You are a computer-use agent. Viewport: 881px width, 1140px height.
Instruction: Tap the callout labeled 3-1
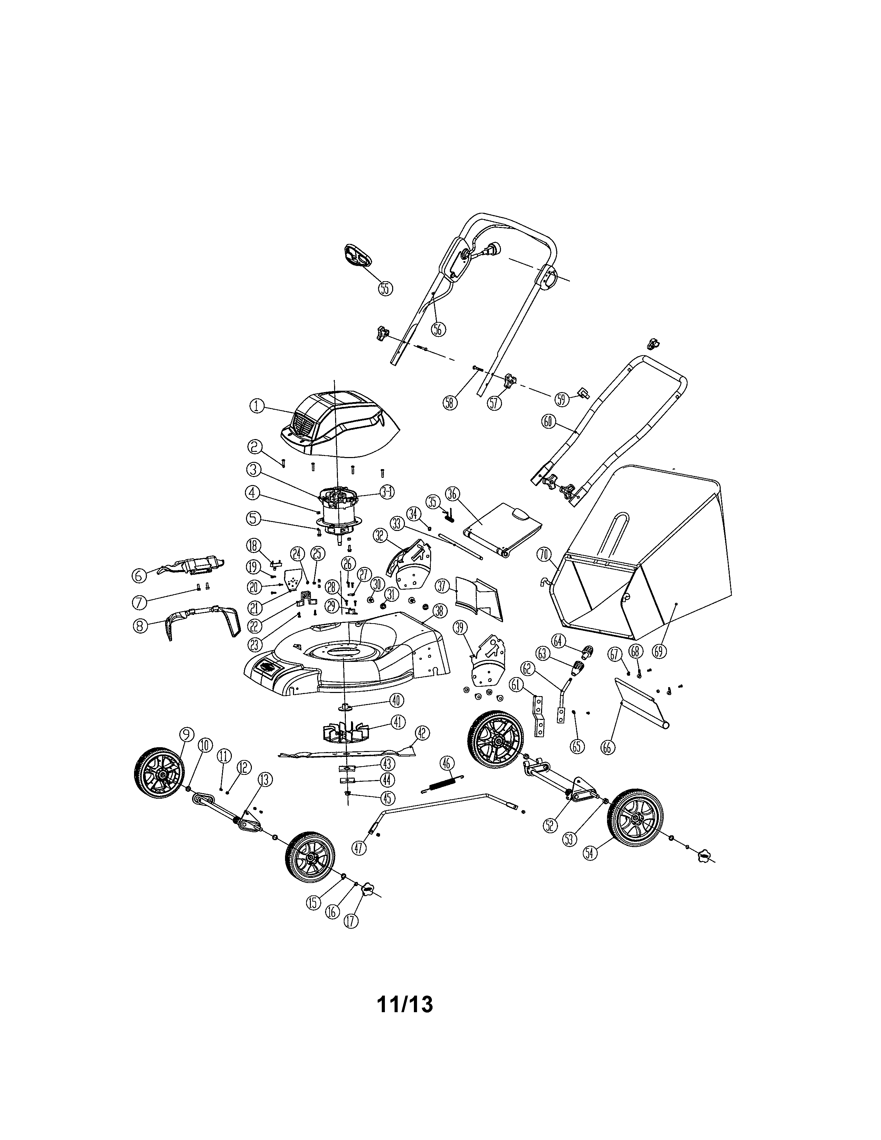point(387,491)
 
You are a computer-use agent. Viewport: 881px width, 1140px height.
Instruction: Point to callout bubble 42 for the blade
point(422,733)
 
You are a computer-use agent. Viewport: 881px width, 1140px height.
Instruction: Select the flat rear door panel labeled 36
point(501,527)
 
